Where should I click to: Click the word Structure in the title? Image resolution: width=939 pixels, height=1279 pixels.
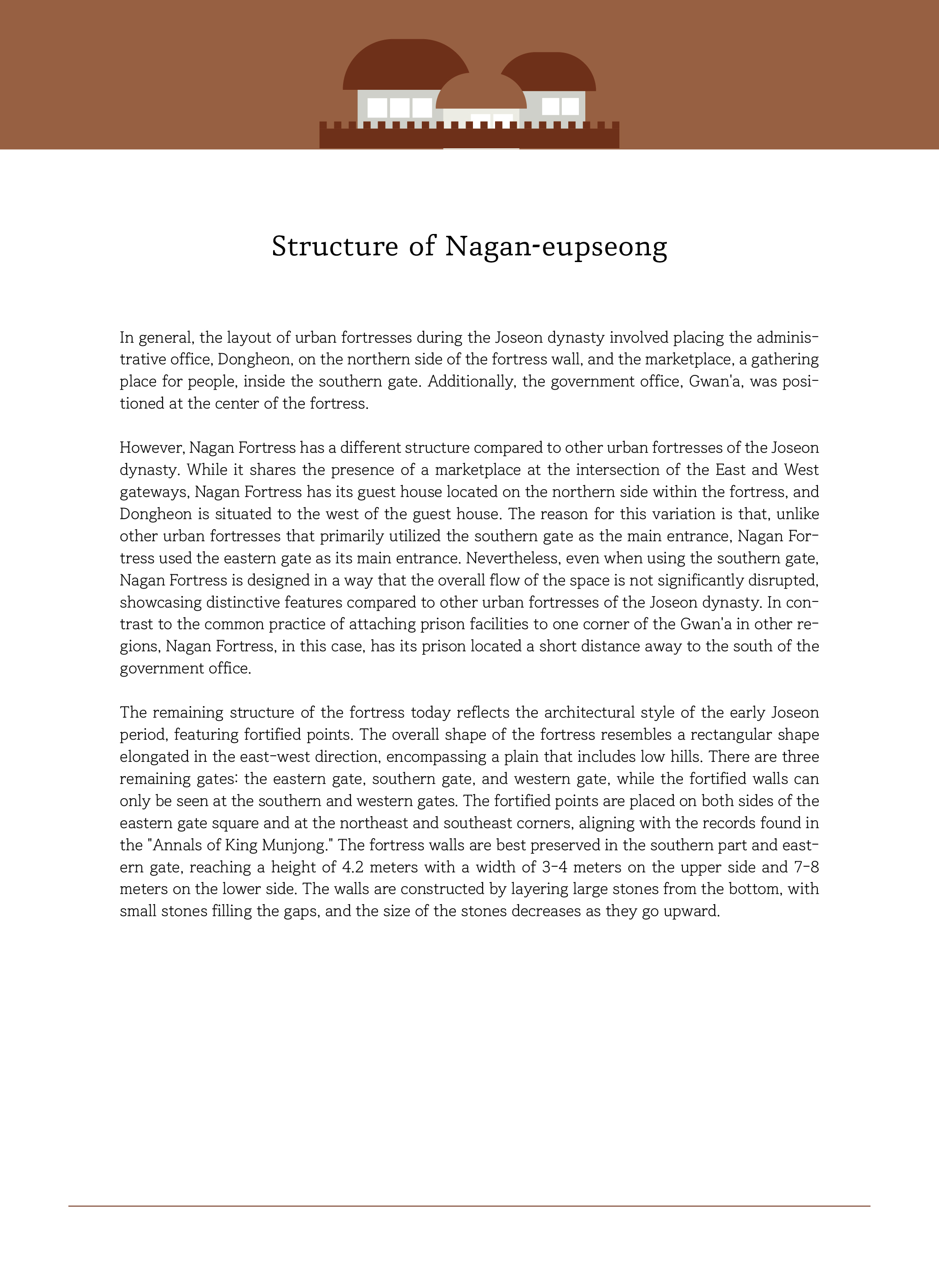[335, 247]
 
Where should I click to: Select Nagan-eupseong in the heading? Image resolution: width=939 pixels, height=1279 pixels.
[556, 247]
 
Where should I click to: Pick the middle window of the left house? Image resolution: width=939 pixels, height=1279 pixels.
[400, 107]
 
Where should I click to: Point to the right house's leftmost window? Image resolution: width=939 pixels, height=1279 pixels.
[550, 106]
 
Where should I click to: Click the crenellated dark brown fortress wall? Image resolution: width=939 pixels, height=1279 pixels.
[469, 137]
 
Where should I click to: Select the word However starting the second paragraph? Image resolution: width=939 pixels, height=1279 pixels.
[151, 448]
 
